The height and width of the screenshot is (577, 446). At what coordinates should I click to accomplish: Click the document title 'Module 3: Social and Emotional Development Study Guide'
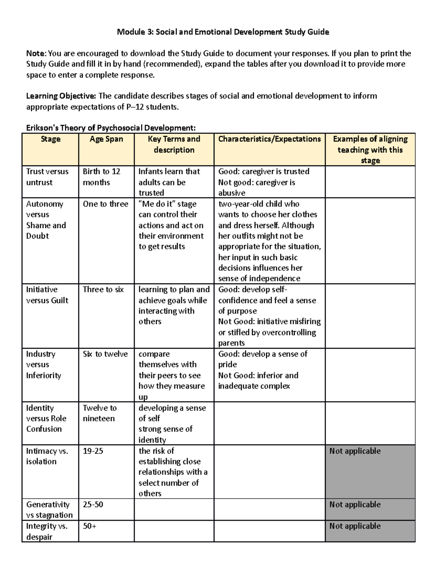(x=223, y=32)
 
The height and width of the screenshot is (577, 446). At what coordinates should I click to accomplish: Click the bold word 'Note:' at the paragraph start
(x=36, y=54)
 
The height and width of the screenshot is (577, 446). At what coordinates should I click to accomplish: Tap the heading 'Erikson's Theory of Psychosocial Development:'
(x=111, y=128)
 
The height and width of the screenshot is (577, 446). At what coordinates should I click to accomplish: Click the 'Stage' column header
(x=51, y=139)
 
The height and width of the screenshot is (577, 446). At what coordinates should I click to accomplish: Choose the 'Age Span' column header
(x=106, y=139)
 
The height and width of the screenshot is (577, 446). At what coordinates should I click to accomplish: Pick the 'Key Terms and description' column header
(x=174, y=145)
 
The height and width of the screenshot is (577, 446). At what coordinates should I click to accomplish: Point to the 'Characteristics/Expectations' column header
(x=269, y=139)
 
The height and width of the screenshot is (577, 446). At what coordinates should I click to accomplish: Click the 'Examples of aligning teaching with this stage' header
(x=370, y=149)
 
